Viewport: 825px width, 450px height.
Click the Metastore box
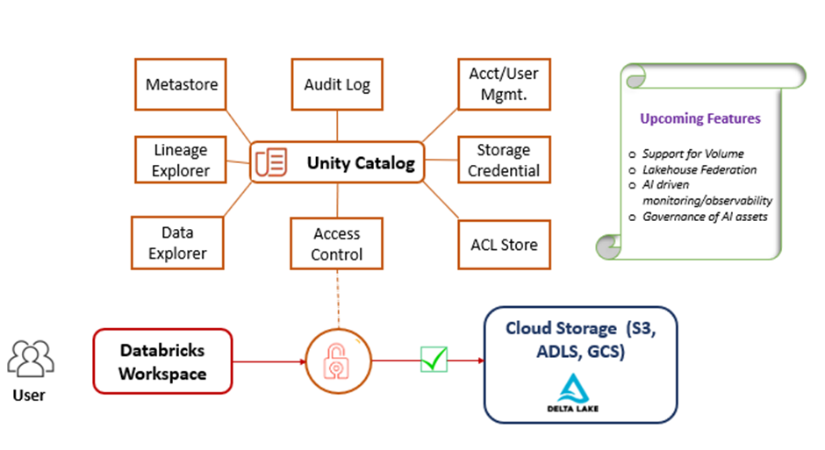(182, 84)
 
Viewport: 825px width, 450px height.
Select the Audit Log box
(337, 84)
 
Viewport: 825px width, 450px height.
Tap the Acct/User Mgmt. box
(504, 84)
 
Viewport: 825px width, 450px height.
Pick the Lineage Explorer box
(182, 160)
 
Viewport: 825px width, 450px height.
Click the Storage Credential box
(504, 160)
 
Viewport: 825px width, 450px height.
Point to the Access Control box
(337, 243)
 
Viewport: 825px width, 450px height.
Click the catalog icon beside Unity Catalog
(271, 163)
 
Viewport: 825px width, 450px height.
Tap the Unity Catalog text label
(360, 163)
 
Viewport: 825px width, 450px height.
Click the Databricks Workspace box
(162, 361)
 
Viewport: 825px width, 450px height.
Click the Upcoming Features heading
(699, 118)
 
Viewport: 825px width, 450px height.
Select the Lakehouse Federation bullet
(699, 169)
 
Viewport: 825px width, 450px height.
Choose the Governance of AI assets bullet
(704, 217)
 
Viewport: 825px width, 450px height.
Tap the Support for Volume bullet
(692, 154)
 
